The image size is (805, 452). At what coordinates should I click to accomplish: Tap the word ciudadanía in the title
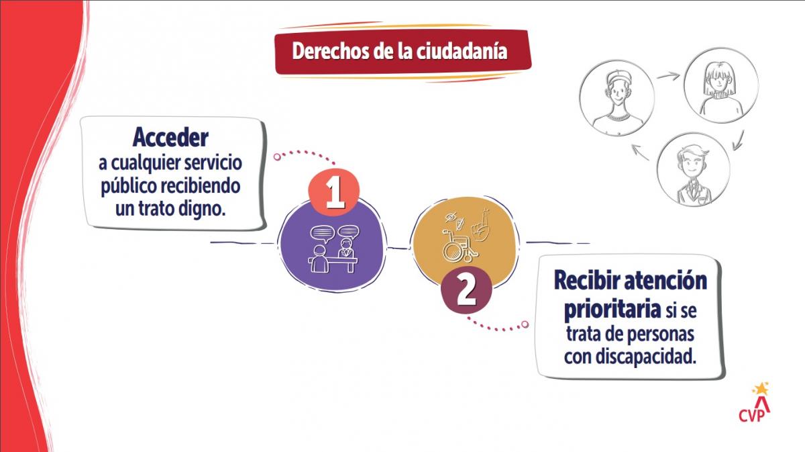462,52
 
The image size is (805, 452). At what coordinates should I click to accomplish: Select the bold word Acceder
170,138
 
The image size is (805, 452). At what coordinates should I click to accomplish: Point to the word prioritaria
612,310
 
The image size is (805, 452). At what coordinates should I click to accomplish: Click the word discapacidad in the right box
645,356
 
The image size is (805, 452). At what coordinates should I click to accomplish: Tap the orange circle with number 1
334,193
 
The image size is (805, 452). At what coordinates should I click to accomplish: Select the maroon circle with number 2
466,290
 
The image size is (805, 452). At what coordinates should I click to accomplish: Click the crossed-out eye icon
451,217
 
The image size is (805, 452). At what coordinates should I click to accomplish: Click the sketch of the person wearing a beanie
617,98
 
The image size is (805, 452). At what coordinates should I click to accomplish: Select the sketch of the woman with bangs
721,86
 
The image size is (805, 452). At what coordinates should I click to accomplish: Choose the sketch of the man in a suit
694,169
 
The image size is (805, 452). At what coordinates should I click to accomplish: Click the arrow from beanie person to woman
668,76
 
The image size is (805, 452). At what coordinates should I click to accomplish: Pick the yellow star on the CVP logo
761,389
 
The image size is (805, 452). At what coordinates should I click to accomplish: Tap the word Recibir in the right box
586,281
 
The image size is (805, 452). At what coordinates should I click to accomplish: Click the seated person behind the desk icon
346,248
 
